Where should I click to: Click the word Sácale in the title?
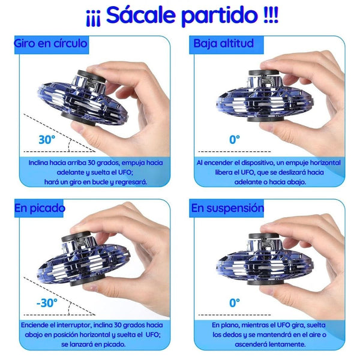(141, 15)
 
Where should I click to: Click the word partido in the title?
(220, 16)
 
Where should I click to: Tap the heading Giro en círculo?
(50, 43)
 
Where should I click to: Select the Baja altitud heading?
(223, 44)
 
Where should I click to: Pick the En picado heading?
(40, 208)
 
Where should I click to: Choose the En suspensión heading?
(227, 208)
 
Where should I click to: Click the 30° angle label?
(47, 140)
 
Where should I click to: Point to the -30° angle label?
(47, 303)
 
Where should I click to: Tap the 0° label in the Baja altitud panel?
(235, 140)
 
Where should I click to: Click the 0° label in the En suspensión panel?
(235, 303)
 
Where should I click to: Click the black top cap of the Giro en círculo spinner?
(91, 76)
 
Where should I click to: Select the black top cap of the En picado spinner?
(76, 236)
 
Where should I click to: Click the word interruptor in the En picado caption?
(74, 325)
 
